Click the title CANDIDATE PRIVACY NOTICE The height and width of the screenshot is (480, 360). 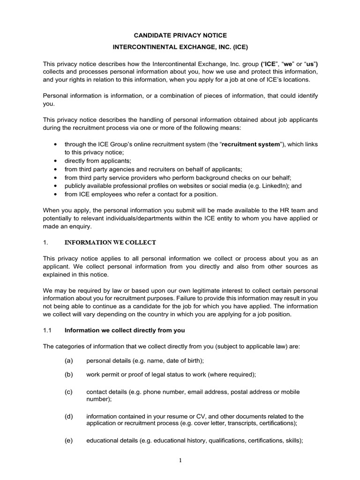pyautogui.click(x=180, y=35)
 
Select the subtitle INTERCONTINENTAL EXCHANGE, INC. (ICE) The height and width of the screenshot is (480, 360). pyautogui.click(x=180, y=47)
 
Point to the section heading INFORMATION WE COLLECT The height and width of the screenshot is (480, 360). pyautogui.click(x=110, y=242)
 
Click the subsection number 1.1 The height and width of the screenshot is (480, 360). pyautogui.click(x=47, y=330)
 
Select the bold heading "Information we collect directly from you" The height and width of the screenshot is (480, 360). pyautogui.click(x=125, y=330)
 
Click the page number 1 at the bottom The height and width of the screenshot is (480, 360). pyautogui.click(x=180, y=460)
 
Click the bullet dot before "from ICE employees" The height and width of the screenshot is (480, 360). pyautogui.click(x=56, y=194)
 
